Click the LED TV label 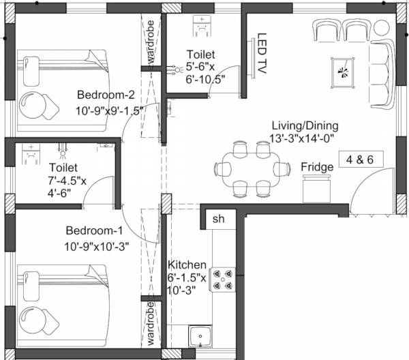pos(261,53)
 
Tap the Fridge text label pos(317,167)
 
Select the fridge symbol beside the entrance pos(316,186)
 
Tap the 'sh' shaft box pos(218,220)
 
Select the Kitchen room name pos(187,265)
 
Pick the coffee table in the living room pos(342,72)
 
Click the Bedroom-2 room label pos(104,94)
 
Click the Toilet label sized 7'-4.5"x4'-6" pos(63,167)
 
